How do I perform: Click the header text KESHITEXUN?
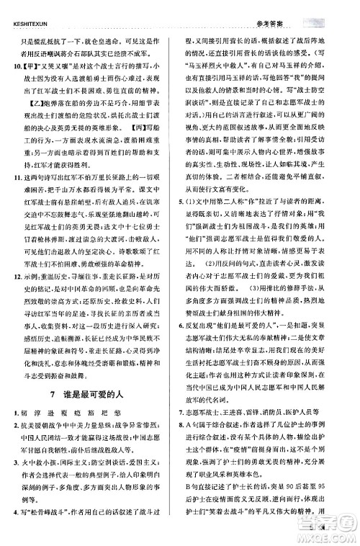(x=27, y=6)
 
